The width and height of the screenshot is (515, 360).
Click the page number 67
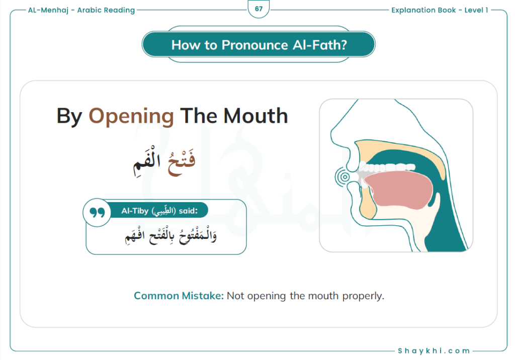pyautogui.click(x=259, y=9)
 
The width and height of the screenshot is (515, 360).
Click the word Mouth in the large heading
pyautogui.click(x=255, y=116)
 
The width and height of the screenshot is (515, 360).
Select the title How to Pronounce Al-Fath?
pyautogui.click(x=259, y=45)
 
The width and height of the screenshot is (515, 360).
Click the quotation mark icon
pyautogui.click(x=97, y=213)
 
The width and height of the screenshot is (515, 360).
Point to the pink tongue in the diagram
pyautogui.click(x=399, y=190)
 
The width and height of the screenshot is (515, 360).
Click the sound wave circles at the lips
pyautogui.click(x=344, y=177)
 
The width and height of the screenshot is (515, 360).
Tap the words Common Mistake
pyautogui.click(x=179, y=296)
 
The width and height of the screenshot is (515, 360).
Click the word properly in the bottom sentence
pyautogui.click(x=363, y=296)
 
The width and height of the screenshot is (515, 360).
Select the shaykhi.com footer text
pyautogui.click(x=434, y=351)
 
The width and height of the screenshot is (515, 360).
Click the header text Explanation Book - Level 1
pyautogui.click(x=440, y=10)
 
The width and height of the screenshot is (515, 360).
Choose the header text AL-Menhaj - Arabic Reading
pyautogui.click(x=81, y=10)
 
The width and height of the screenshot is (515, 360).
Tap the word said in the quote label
pyautogui.click(x=188, y=211)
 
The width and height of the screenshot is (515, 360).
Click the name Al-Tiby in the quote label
pyautogui.click(x=135, y=211)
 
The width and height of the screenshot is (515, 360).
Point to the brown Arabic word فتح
pyautogui.click(x=181, y=162)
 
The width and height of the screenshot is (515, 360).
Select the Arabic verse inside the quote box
pyautogui.click(x=170, y=236)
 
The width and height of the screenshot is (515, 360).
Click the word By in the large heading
pyautogui.click(x=69, y=117)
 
